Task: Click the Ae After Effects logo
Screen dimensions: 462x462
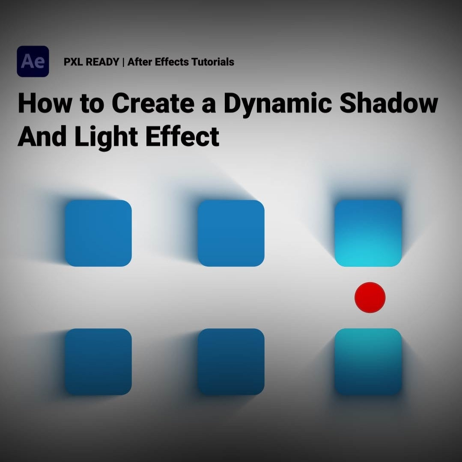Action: click(33, 62)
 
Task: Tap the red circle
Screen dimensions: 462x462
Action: click(370, 297)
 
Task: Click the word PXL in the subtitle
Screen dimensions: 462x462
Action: click(73, 62)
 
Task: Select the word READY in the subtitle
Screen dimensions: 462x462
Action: click(102, 62)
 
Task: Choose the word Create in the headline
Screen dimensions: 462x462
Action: click(152, 104)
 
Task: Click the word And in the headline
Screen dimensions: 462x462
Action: click(43, 137)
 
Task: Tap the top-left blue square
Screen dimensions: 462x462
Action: click(98, 233)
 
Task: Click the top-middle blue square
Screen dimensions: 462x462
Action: click(231, 233)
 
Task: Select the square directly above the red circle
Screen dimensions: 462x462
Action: click(368, 233)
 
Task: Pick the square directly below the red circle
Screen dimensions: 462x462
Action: click(368, 361)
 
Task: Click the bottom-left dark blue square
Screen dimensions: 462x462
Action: click(98, 361)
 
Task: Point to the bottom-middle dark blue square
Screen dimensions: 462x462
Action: click(231, 361)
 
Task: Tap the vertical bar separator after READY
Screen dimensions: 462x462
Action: click(123, 62)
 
